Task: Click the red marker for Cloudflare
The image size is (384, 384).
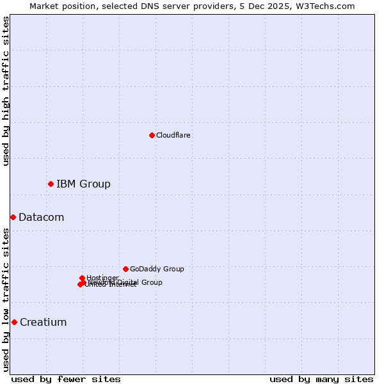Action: (x=152, y=135)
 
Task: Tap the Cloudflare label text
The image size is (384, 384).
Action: (x=173, y=135)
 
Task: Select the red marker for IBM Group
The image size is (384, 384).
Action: (x=51, y=184)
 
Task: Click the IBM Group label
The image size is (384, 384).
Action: (x=83, y=184)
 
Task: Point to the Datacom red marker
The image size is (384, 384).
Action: (x=13, y=217)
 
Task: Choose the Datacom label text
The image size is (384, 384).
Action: (x=41, y=218)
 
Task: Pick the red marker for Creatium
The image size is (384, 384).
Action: (x=14, y=322)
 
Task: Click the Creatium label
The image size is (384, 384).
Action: (x=43, y=323)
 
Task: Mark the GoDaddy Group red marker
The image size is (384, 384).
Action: (x=125, y=269)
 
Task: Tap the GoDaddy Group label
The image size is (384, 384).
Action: (x=157, y=269)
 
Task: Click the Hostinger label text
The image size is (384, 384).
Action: (x=102, y=278)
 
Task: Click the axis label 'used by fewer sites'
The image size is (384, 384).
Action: (x=66, y=379)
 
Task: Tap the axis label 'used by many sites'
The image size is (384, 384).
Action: (x=321, y=379)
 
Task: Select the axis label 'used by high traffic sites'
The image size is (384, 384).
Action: (x=6, y=91)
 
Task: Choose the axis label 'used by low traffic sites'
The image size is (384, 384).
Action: (x=6, y=300)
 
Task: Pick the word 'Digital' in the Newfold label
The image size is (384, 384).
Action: (x=127, y=282)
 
